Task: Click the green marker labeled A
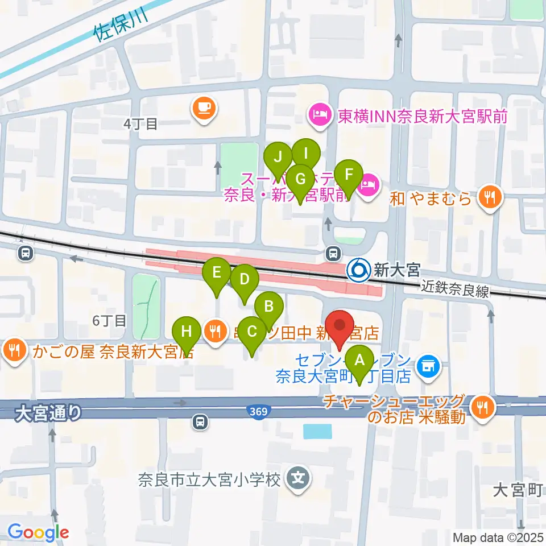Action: tap(359, 361)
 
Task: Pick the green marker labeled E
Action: tap(217, 273)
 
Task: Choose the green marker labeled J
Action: tap(278, 156)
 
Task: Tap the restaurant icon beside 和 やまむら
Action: tap(489, 197)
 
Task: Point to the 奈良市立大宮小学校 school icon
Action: tap(299, 479)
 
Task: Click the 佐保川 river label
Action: tap(120, 26)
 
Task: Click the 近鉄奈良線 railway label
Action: tap(455, 291)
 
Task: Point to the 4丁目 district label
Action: tap(139, 123)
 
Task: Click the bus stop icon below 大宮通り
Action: tap(200, 422)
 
